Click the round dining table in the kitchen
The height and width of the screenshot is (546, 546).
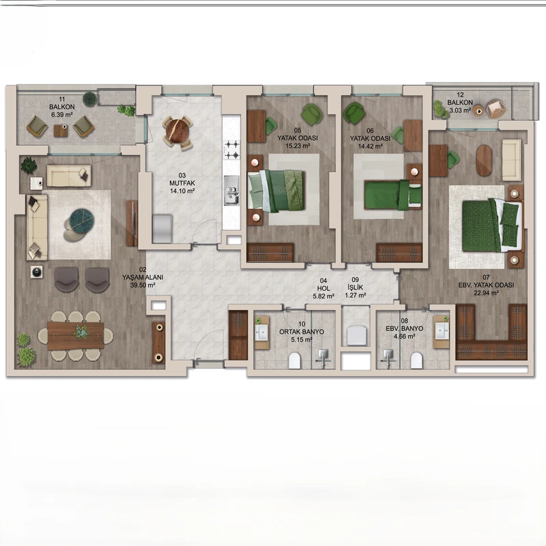coord(177,132)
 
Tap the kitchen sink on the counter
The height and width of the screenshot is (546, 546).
coord(231,190)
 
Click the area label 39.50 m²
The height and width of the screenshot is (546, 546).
coord(142,285)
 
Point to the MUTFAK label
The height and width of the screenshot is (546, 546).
coord(182,183)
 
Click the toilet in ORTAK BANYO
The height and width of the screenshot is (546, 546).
coord(295,360)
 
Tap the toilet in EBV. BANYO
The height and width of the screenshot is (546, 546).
coord(416,360)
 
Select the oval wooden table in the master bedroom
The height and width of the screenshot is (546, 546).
coord(484,160)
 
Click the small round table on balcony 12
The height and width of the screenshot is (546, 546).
coord(479,111)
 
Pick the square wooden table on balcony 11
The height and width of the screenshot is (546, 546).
coord(61,130)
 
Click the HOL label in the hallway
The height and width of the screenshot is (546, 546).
coord(324,288)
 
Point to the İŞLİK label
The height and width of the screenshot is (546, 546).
coord(355,287)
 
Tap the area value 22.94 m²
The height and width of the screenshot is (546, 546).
coord(486,293)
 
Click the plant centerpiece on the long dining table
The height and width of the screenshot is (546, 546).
coord(81,332)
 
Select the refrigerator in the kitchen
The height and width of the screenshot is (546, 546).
coord(162,229)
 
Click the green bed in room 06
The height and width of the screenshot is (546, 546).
coord(393,195)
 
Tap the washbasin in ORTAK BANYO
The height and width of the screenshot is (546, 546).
coord(261,332)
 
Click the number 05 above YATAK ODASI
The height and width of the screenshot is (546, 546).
coord(298,130)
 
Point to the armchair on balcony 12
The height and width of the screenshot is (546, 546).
coord(496,109)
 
